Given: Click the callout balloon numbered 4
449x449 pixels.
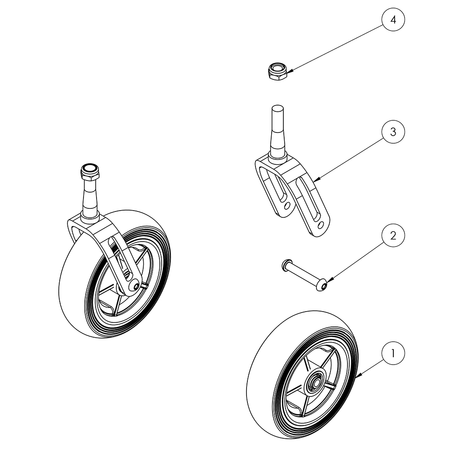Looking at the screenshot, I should pyautogui.click(x=393, y=20).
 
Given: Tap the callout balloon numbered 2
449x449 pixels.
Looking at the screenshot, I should pyautogui.click(x=393, y=236).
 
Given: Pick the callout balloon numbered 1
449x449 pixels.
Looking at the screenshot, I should pyautogui.click(x=393, y=353).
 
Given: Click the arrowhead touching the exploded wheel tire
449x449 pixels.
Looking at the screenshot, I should pyautogui.click(x=356, y=378).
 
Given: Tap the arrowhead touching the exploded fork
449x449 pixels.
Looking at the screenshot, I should pyautogui.click(x=316, y=180).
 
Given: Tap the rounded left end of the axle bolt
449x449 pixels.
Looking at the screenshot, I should pyautogui.click(x=285, y=266).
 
